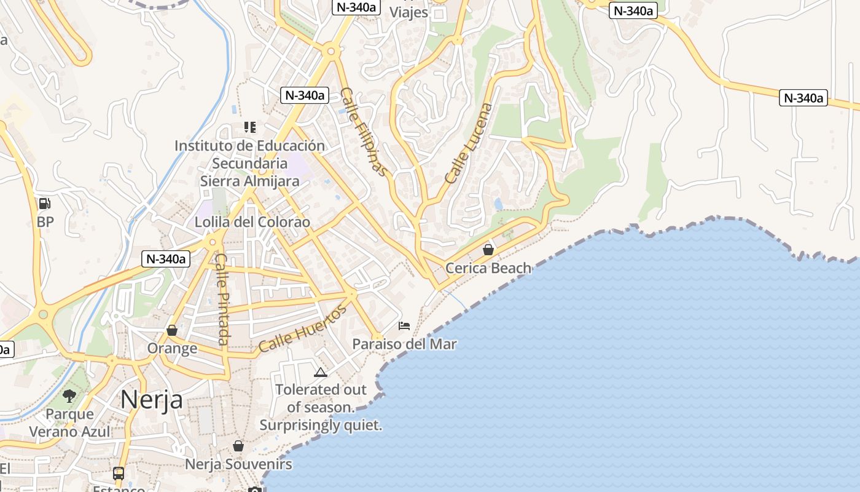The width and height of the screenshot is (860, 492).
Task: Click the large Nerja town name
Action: click(151, 400)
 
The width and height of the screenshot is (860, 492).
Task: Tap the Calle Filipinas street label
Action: click(364, 132)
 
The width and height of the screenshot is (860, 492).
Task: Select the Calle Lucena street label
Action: click(469, 144)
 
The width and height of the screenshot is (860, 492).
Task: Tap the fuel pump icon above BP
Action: click(44, 204)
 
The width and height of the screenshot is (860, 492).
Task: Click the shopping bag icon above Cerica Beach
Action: click(488, 250)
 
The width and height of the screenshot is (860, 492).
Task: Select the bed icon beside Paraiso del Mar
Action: click(404, 325)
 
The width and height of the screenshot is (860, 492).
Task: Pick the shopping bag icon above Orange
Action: click(172, 330)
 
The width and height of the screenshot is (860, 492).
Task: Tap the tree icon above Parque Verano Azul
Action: click(69, 395)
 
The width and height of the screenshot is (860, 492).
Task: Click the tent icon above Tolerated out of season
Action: click(320, 372)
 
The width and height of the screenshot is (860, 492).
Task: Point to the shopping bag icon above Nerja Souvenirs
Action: click(238, 446)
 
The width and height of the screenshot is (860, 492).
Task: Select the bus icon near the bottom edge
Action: click(119, 474)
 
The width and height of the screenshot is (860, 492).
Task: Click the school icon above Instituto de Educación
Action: click(249, 127)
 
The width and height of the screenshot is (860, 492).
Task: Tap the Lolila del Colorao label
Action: click(252, 222)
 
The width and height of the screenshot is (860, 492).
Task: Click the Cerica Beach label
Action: click(488, 268)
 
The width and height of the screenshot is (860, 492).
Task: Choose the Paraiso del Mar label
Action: click(404, 344)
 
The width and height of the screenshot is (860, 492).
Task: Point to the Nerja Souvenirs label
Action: click(238, 464)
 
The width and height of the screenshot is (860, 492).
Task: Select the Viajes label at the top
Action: click(408, 12)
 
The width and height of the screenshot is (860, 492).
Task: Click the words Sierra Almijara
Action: click(249, 181)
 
